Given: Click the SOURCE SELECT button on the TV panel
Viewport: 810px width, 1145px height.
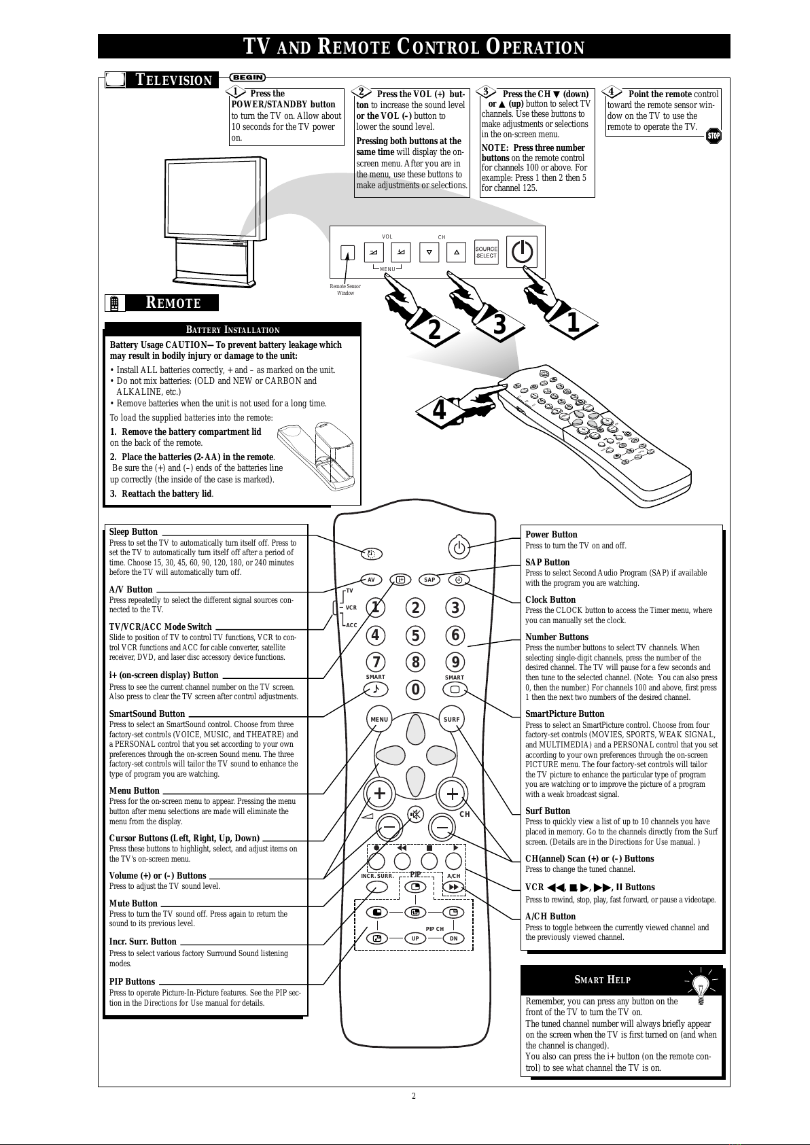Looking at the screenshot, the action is [486, 252].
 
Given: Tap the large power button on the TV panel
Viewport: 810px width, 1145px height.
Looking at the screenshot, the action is [522, 251].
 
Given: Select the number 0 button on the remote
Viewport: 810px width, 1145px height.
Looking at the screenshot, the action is [415, 690].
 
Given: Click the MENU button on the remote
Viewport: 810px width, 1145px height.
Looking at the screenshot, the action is [379, 719].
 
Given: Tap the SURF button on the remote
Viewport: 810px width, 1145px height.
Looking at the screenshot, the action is [452, 719].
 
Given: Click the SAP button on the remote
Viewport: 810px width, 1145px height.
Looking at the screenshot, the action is [429, 580].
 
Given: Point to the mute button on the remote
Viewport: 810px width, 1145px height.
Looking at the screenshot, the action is [415, 814].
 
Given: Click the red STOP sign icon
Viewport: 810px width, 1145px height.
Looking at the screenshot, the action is [714, 135].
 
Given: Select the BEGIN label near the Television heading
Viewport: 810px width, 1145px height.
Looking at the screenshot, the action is [248, 77].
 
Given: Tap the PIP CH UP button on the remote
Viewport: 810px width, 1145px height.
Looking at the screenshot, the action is [415, 938].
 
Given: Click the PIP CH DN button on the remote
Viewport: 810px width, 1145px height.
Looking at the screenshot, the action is [453, 938].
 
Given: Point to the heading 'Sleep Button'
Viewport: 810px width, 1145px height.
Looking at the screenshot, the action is [133, 531].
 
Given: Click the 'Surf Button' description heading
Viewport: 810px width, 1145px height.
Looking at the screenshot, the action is [548, 811].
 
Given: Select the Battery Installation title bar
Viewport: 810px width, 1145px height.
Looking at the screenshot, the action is [232, 330].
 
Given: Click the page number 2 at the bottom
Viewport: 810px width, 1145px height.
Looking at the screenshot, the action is [414, 1096].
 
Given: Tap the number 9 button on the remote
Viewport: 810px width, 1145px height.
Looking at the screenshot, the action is [455, 662].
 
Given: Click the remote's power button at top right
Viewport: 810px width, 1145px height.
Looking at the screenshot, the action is [459, 548].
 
